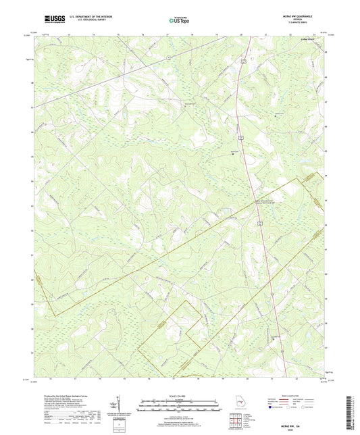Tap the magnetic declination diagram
120,405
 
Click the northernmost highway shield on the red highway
241,61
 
